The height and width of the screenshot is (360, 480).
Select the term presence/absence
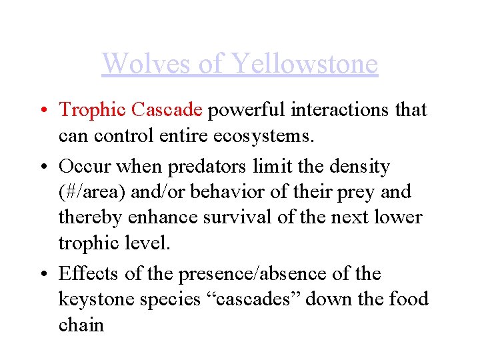266,273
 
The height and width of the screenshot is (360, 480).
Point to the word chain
81,325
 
